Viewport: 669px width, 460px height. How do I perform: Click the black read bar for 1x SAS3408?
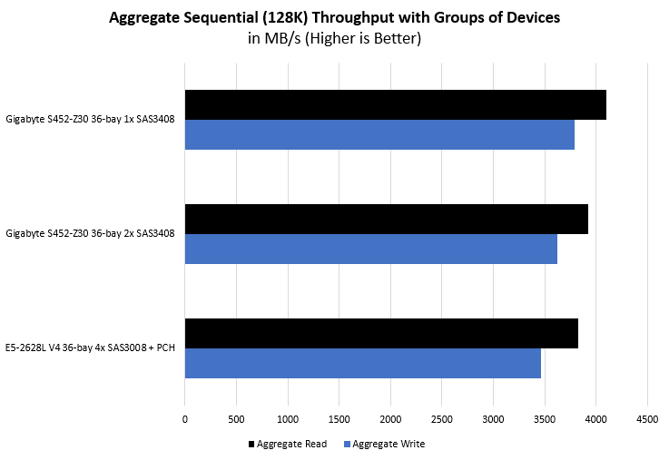[x=395, y=104]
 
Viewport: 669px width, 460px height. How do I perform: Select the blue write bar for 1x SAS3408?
[x=379, y=134]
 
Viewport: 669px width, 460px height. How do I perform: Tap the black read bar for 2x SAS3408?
[x=386, y=219]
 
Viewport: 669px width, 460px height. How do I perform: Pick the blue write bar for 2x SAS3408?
[x=370, y=249]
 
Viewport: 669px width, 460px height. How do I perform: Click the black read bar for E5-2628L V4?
[x=381, y=333]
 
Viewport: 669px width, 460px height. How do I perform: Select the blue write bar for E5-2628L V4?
[x=362, y=363]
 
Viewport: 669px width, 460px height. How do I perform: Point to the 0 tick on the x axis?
[x=185, y=419]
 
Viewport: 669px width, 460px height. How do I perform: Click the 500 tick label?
[x=236, y=419]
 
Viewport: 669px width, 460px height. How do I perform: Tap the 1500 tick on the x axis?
[x=339, y=419]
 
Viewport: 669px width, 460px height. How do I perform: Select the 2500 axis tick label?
[x=442, y=419]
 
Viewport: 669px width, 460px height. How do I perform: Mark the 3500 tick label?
[x=545, y=419]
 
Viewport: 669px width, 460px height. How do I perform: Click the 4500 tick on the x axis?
[x=647, y=419]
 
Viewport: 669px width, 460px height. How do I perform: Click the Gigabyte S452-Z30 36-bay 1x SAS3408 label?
[x=90, y=119]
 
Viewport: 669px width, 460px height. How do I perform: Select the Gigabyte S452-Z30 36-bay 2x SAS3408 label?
[x=90, y=233]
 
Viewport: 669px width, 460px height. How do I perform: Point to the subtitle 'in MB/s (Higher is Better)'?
[x=334, y=38]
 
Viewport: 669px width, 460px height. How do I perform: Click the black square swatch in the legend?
[x=251, y=445]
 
